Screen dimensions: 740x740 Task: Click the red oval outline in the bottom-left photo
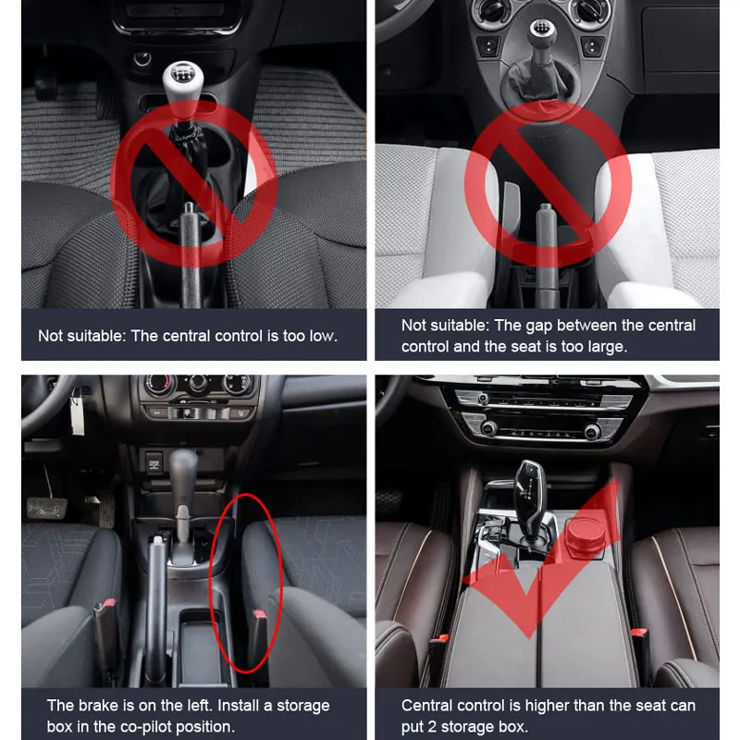211,583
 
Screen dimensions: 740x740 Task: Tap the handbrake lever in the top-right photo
546,255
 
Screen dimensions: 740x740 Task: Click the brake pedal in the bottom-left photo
47,507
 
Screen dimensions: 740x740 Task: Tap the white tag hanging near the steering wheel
77,415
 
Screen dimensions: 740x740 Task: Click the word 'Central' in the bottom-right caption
426,705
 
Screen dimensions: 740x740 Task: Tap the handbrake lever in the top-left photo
190,255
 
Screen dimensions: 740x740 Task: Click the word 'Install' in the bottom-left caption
240,705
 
